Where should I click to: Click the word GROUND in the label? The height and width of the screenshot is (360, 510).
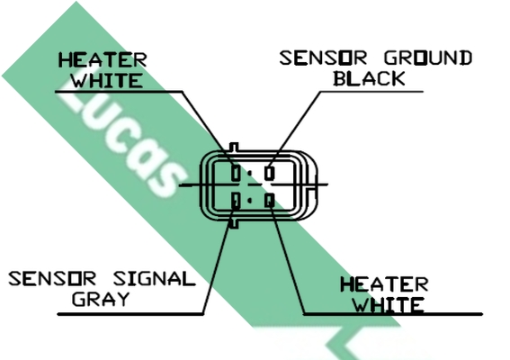pyautogui.click(x=428, y=58)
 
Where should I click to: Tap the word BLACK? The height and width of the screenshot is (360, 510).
pyautogui.click(x=369, y=78)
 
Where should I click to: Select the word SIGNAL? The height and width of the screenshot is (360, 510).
pyautogui.click(x=154, y=279)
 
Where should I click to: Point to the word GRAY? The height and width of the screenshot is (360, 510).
pyautogui.click(x=101, y=299)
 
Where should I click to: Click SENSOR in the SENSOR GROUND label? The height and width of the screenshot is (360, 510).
pyautogui.click(x=323, y=58)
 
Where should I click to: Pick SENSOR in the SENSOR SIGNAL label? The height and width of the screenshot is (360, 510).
pyautogui.click(x=52, y=279)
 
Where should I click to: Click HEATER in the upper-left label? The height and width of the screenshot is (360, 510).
pyautogui.click(x=103, y=60)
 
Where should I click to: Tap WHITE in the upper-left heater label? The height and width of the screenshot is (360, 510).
pyautogui.click(x=107, y=80)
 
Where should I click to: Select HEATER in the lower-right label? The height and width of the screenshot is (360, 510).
pyautogui.click(x=384, y=284)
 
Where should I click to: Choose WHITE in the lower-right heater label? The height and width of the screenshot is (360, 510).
pyautogui.click(x=389, y=305)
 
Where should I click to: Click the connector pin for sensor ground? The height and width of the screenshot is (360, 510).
pyautogui.click(x=270, y=173)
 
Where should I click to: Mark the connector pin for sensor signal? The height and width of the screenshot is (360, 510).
pyautogui.click(x=237, y=200)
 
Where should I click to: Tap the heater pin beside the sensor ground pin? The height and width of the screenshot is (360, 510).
pyautogui.click(x=237, y=173)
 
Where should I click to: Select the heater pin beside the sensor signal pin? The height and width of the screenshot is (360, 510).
pyautogui.click(x=270, y=200)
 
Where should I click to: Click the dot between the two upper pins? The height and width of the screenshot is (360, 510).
pyautogui.click(x=250, y=174)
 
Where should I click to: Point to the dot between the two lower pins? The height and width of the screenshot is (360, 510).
pyautogui.click(x=250, y=201)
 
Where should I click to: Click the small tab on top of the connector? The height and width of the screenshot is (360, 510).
pyautogui.click(x=234, y=147)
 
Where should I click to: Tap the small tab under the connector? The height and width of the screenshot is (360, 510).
pyautogui.click(x=234, y=224)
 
